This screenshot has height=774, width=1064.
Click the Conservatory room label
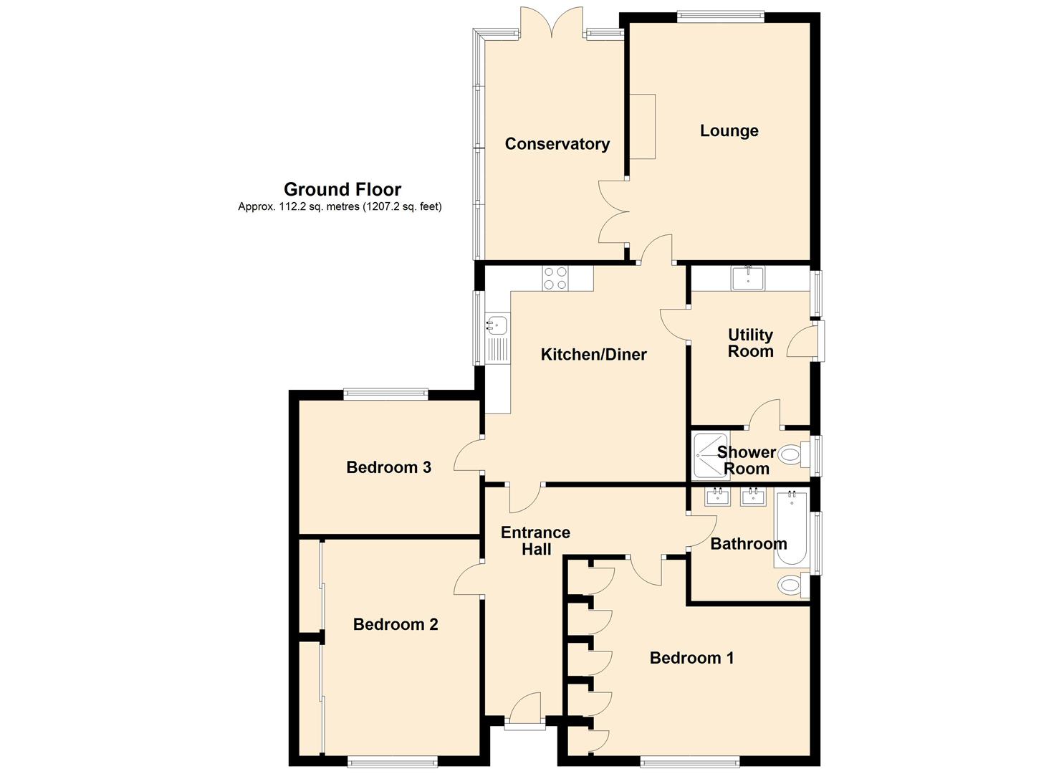click(x=557, y=144)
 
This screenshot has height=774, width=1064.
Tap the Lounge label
click(x=729, y=130)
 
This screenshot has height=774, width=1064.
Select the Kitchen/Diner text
click(x=594, y=355)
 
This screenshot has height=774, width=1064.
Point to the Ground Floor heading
click(x=342, y=190)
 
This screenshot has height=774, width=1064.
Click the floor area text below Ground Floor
click(x=340, y=206)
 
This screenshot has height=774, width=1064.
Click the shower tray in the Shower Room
click(x=711, y=456)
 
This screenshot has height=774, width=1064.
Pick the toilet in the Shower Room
click(x=794, y=454)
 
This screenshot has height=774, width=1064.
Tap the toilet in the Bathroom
click(x=794, y=585)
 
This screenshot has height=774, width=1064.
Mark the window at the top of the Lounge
click(x=721, y=16)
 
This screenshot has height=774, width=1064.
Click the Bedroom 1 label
click(x=691, y=658)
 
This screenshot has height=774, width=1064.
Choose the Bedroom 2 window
click(x=393, y=763)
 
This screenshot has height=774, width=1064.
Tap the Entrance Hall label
click(x=536, y=540)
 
